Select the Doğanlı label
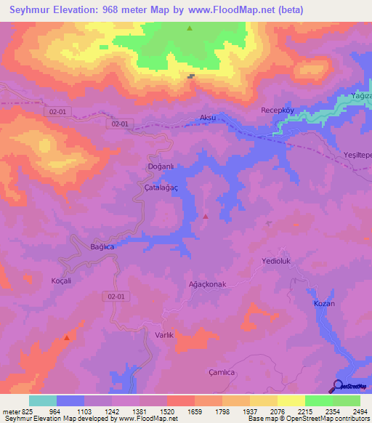tap(158, 166)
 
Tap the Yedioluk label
tap(275, 259)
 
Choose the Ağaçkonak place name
tap(208, 283)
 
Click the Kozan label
tap(324, 303)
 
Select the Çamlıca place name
tap(222, 371)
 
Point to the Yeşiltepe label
tap(357, 156)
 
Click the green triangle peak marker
tap(190, 28)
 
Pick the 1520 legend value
tap(166, 411)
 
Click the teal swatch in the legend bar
tap(42, 400)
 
